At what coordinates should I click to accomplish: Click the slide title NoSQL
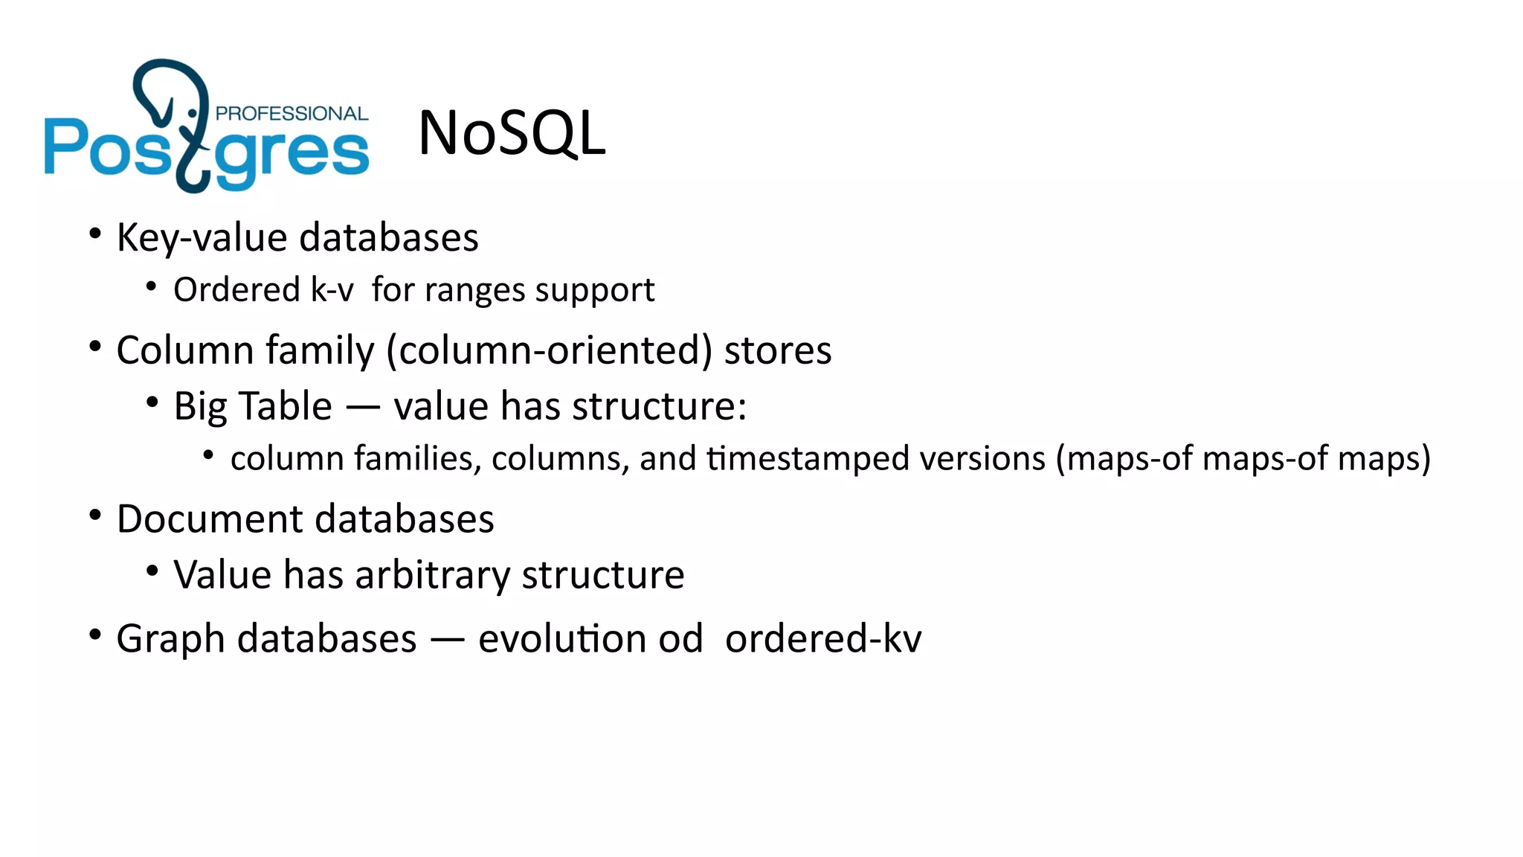[x=512, y=134]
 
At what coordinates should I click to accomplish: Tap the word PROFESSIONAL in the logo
[x=292, y=114]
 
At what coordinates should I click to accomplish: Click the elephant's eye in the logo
[x=193, y=113]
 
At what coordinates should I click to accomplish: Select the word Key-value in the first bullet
[x=202, y=238]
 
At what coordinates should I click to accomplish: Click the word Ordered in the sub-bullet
[x=236, y=290]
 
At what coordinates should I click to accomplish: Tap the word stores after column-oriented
[x=778, y=350]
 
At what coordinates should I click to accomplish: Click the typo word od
[x=680, y=639]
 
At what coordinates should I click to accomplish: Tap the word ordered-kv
[x=823, y=639]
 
